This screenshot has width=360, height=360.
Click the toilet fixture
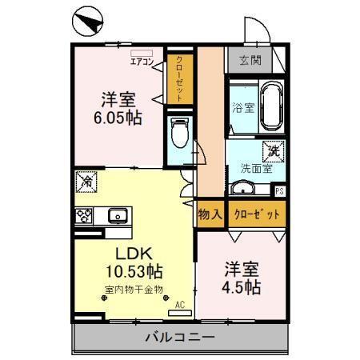[180, 133]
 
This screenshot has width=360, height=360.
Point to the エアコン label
[144, 59]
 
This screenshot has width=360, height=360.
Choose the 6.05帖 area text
[118, 117]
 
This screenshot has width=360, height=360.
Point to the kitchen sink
[117, 214]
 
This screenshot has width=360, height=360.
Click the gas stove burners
[84, 214]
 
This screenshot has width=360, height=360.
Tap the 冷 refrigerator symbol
[85, 182]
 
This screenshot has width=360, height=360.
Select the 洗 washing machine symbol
[273, 150]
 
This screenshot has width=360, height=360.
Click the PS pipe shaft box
[279, 191]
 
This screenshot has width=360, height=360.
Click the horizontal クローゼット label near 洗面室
[256, 214]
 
